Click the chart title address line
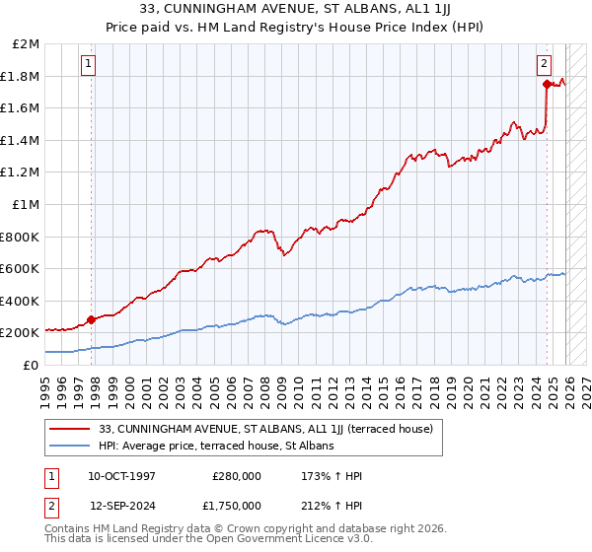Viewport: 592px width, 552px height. [296, 8]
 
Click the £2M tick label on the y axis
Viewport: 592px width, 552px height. [27, 44]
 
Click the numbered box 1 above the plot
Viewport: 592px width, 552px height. [89, 64]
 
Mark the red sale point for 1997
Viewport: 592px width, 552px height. [92, 319]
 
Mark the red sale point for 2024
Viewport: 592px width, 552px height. [547, 85]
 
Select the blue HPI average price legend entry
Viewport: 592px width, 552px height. [216, 446]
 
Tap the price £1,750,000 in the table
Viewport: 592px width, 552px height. [236, 506]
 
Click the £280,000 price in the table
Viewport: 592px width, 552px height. [236, 476]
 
